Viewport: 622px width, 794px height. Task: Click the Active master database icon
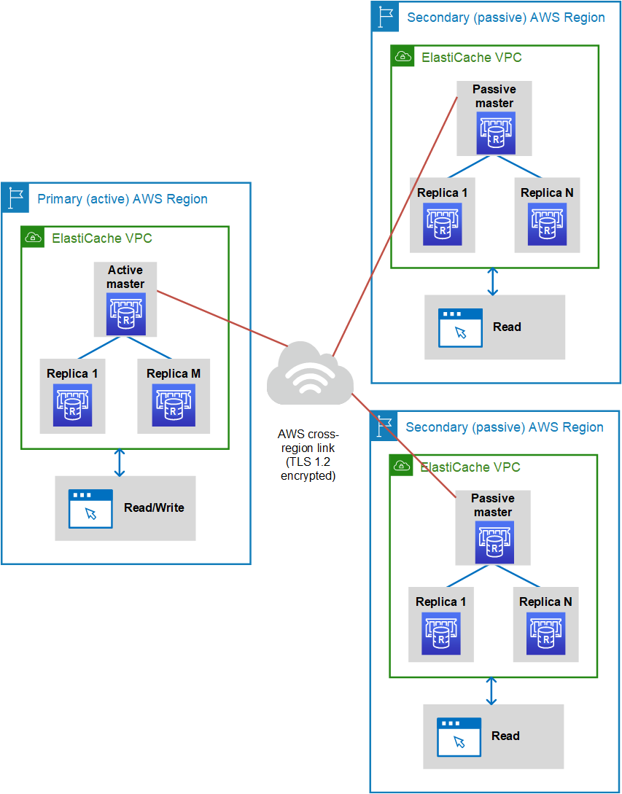pyautogui.click(x=125, y=314)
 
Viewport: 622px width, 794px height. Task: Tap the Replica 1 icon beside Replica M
pyautogui.click(x=72, y=405)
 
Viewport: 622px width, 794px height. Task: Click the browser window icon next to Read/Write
pyautogui.click(x=90, y=509)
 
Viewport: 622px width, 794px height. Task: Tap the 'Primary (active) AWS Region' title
pyautogui.click(x=123, y=198)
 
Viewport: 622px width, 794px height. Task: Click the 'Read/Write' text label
pyautogui.click(x=154, y=507)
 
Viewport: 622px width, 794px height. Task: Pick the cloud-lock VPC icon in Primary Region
pyautogui.click(x=33, y=238)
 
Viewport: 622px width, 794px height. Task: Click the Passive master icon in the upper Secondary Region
pyautogui.click(x=495, y=133)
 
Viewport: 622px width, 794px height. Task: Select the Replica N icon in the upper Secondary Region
pyautogui.click(x=547, y=224)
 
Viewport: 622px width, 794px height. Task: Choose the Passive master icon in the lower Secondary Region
pyautogui.click(x=494, y=542)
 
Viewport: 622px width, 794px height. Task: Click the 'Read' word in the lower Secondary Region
pyautogui.click(x=505, y=735)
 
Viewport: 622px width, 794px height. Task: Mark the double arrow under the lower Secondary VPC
pyautogui.click(x=490, y=691)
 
